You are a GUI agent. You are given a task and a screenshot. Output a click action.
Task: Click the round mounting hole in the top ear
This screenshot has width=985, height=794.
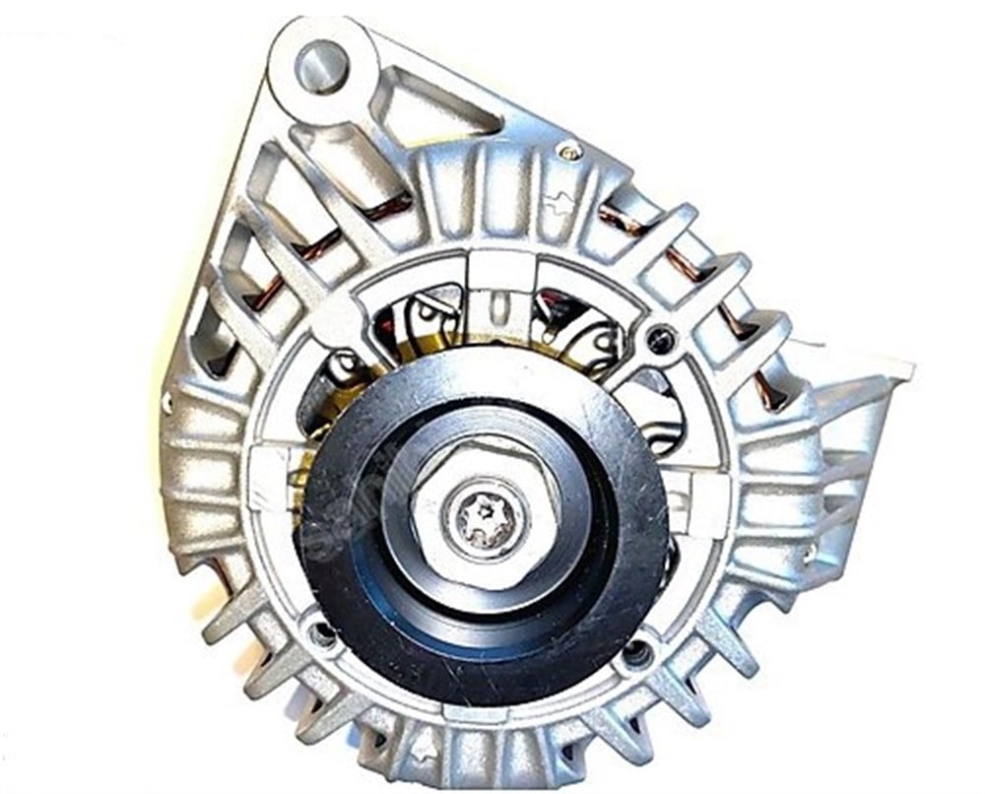[322, 65]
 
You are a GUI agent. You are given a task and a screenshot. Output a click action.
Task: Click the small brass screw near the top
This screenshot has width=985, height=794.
[570, 151]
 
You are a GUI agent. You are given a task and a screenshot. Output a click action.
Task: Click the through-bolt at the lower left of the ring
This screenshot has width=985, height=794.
[320, 633]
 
